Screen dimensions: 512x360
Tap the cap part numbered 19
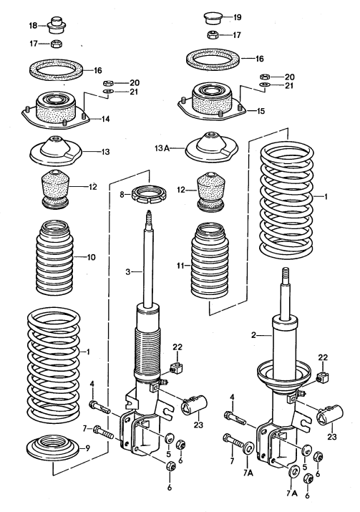pyautogui.click(x=211, y=16)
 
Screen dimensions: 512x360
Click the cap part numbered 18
pyautogui.click(x=55, y=26)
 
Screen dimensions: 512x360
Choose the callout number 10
pyautogui.click(x=91, y=256)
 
